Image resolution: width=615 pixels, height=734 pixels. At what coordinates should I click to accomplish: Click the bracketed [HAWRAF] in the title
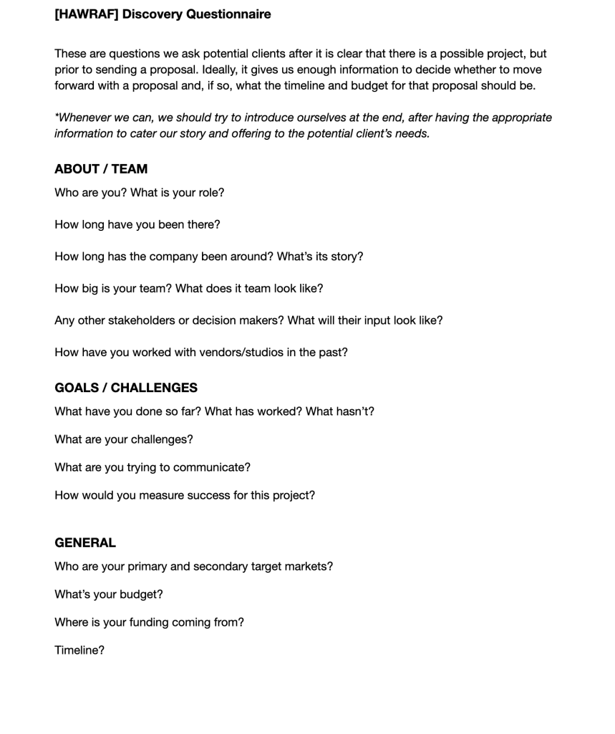click(x=87, y=14)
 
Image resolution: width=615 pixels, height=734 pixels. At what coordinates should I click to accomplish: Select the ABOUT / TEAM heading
click(x=101, y=169)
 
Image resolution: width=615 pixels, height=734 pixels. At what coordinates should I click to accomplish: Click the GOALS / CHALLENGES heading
click(x=126, y=388)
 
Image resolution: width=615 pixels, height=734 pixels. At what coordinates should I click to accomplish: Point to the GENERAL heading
click(x=85, y=543)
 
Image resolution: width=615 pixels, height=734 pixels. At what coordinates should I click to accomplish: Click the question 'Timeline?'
click(x=79, y=650)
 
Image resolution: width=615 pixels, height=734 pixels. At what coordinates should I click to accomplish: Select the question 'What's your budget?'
click(x=109, y=594)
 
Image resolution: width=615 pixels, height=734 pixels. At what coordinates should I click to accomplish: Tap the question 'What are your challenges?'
click(x=124, y=439)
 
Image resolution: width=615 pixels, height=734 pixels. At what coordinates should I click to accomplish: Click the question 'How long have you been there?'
click(x=137, y=224)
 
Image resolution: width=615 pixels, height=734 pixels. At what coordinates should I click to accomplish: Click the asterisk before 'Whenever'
click(x=57, y=116)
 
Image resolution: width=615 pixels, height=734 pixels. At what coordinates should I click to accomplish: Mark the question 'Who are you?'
click(x=90, y=193)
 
